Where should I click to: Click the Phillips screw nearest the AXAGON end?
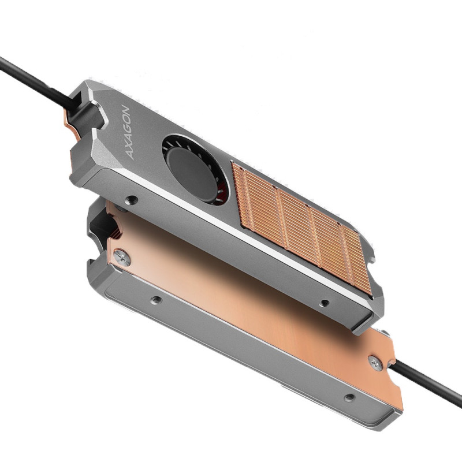point(122,259)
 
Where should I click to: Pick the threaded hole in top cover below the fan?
point(132,200)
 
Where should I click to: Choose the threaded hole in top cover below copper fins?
point(325,303)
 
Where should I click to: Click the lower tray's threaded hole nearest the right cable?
point(348,397)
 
